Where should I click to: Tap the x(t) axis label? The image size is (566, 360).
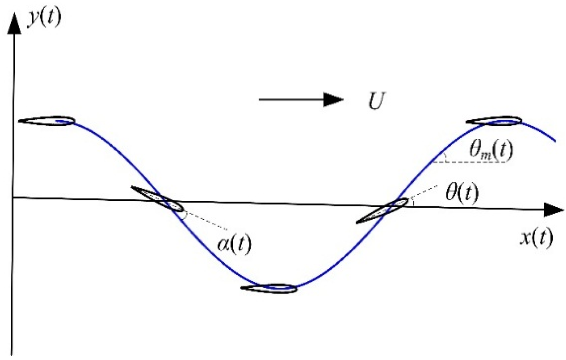(536, 238)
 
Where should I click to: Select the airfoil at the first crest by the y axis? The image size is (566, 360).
(46, 121)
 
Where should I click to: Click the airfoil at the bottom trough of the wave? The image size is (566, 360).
(269, 288)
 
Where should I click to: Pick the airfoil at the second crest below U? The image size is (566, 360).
(494, 121)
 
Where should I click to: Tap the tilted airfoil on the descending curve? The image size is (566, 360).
(157, 198)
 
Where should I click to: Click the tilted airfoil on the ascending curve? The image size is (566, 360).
(382, 211)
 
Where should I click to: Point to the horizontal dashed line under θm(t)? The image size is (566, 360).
(472, 162)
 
